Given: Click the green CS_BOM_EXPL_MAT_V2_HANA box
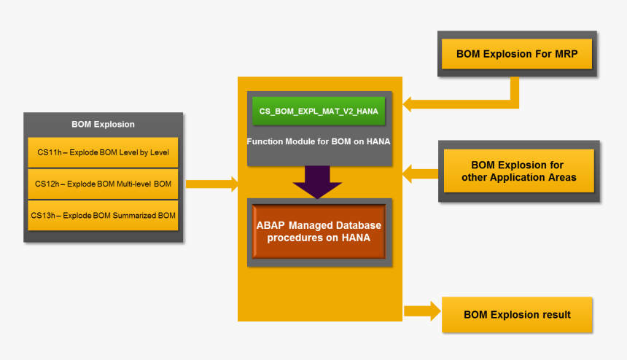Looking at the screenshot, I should [319, 111].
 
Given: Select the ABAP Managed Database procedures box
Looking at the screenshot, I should [319, 232].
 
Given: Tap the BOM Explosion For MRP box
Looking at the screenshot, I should [516, 54].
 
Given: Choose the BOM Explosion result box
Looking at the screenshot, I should [517, 315].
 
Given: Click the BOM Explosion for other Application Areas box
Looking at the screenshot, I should [517, 171].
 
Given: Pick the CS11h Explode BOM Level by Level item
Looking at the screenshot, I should [103, 152].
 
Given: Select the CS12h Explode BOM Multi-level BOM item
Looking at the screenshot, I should [103, 184].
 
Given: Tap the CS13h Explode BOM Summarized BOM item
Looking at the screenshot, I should [103, 215].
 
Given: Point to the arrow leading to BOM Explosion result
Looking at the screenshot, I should [422, 311].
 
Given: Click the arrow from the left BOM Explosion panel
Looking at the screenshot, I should [212, 184].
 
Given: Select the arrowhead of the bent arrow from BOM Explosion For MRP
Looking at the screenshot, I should [410, 103].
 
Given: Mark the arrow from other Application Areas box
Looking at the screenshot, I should [421, 173].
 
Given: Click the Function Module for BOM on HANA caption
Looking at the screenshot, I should [319, 141].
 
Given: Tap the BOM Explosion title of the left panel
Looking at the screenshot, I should [103, 124].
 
